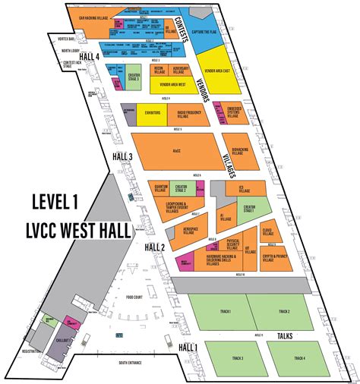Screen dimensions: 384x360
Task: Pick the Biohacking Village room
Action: (x=241, y=151)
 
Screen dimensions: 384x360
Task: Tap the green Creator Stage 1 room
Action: (x=250, y=208)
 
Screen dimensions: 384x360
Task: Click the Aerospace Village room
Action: (x=190, y=231)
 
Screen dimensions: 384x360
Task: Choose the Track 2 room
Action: (x=283, y=311)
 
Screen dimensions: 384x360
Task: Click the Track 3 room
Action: (x=238, y=357)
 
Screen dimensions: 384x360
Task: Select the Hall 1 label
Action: (x=187, y=347)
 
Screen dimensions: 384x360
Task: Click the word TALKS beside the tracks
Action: (x=286, y=335)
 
